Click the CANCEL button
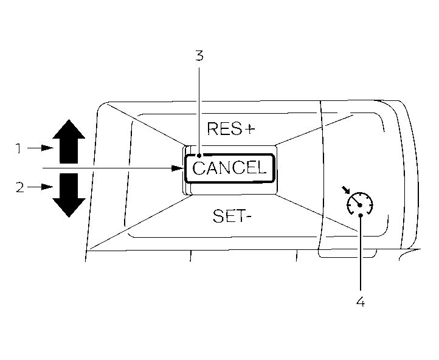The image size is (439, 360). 230,168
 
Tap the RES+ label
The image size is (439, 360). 230,128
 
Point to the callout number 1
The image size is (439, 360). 19,148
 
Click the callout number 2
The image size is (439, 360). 19,187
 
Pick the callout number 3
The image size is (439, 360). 199,56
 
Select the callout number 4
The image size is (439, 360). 361,301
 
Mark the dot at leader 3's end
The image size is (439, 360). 199,156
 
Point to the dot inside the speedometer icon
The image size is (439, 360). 361,206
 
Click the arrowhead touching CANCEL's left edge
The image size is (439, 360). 184,167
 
